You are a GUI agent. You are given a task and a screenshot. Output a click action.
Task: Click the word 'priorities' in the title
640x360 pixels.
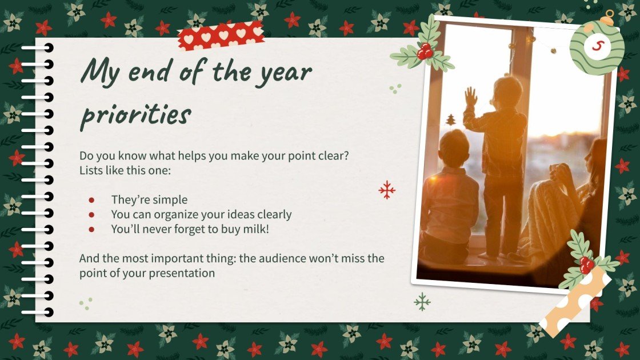[135, 114]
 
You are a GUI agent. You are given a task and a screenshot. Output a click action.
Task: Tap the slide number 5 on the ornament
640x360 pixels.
[597, 45]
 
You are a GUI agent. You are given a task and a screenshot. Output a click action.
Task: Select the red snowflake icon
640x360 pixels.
[387, 190]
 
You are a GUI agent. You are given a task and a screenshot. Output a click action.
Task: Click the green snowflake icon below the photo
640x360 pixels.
[422, 301]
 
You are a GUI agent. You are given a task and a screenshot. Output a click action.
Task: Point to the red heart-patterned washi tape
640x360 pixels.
[221, 36]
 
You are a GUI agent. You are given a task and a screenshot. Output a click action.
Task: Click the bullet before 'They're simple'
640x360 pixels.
[91, 200]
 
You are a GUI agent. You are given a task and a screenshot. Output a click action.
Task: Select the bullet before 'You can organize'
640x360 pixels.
[91, 215]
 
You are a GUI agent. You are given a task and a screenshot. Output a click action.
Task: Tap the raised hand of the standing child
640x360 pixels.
[470, 97]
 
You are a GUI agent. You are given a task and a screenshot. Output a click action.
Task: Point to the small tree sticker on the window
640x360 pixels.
[451, 120]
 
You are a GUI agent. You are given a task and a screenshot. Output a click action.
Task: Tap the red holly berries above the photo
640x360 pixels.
[425, 53]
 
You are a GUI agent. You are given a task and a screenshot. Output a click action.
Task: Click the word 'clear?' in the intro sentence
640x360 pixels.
[330, 155]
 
